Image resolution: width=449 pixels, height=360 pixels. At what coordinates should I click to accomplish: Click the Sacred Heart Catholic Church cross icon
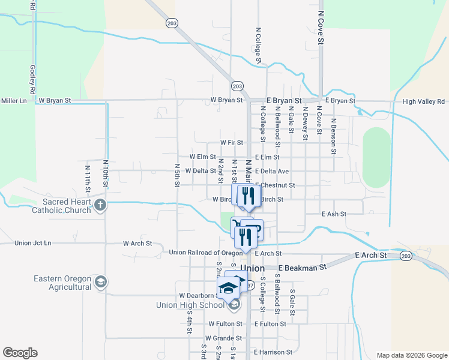100,206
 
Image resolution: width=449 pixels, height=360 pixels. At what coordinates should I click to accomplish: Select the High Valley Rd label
424,101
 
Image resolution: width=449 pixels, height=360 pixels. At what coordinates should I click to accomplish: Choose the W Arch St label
137,244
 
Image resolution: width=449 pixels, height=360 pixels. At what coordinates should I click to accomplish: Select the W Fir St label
231,143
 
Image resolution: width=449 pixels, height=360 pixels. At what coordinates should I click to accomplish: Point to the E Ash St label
335,214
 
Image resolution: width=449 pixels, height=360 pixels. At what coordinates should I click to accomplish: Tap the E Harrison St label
273,352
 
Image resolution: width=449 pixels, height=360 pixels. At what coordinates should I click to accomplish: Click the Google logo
20,353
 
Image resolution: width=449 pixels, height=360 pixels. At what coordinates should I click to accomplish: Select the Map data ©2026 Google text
411,355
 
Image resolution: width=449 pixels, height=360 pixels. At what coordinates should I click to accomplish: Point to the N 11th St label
88,178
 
